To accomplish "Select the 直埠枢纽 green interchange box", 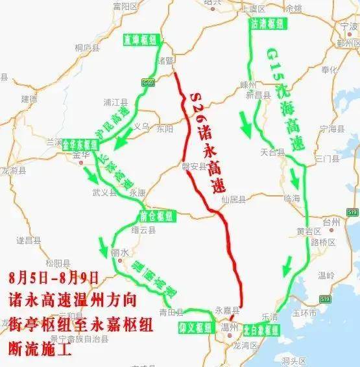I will pyautogui.click(x=141, y=40).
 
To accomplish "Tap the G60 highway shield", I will pyautogui.click(x=149, y=84).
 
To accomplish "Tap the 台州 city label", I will pyautogui.click(x=331, y=222).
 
